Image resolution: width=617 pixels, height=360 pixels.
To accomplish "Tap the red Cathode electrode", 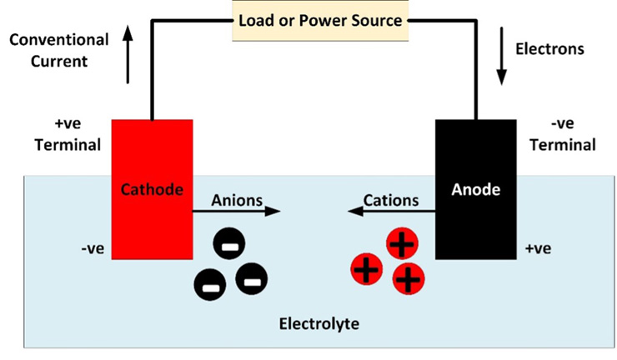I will [x=152, y=190].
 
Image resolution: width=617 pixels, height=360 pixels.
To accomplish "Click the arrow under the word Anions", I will [x=237, y=212].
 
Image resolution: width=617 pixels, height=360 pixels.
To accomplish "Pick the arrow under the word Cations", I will [x=391, y=212].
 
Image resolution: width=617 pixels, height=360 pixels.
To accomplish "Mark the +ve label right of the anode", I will [x=537, y=249].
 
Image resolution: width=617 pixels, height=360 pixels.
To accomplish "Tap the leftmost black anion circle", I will [x=209, y=286].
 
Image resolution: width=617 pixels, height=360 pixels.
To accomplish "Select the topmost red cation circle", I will [x=402, y=244].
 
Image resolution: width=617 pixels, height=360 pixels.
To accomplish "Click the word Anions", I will [x=237, y=199].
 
